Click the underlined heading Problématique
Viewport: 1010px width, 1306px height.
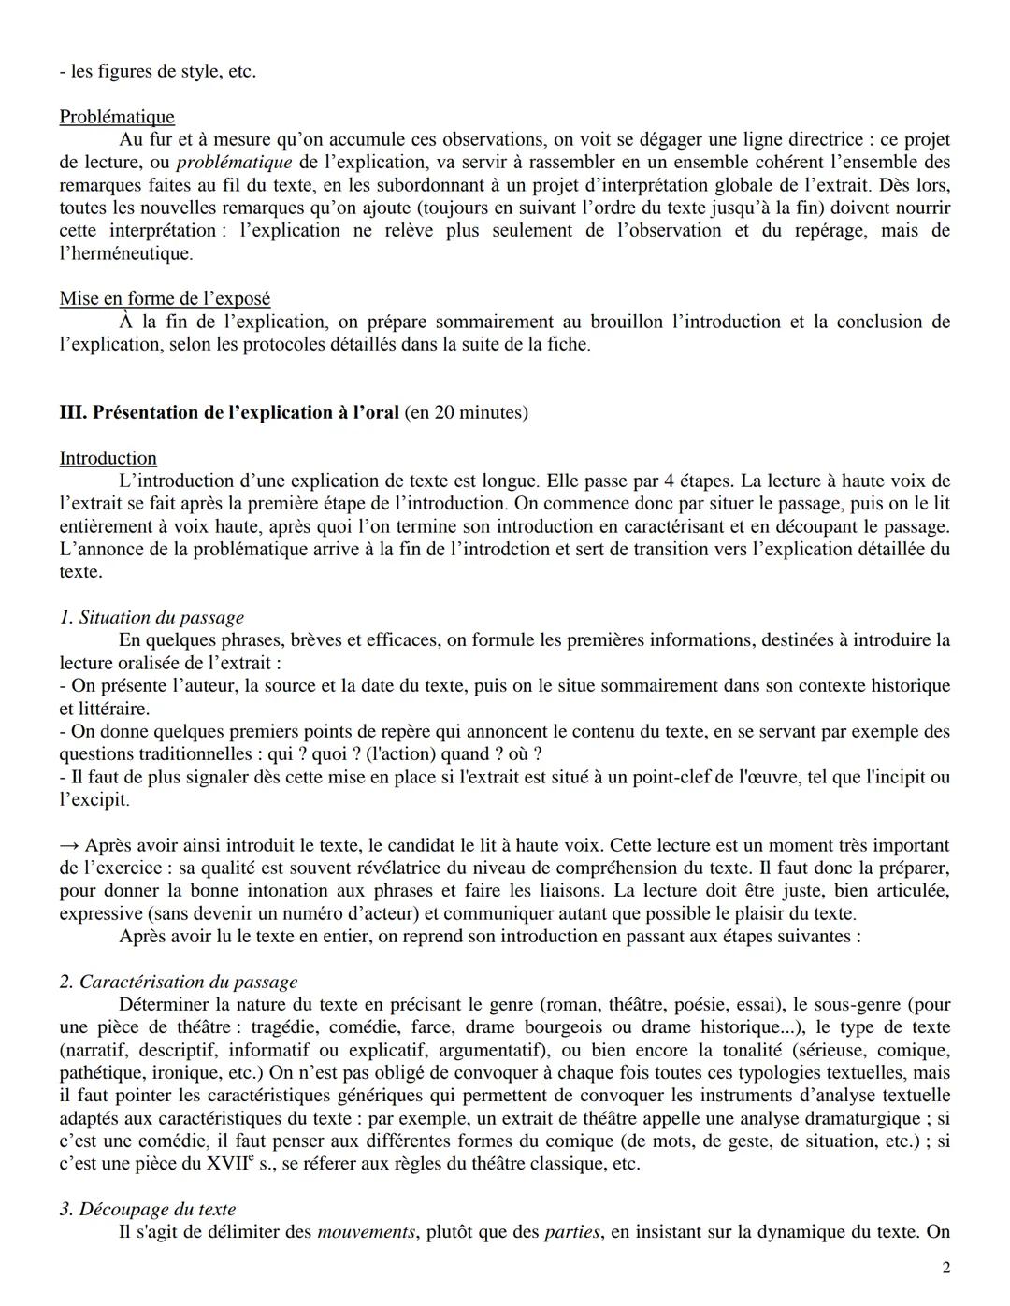click(x=116, y=117)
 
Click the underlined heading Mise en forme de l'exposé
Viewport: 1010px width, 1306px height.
click(x=165, y=298)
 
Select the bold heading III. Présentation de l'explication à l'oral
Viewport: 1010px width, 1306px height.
click(x=230, y=412)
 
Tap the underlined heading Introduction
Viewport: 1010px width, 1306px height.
click(x=108, y=458)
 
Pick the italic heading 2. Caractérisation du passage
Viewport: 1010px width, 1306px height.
click(x=178, y=982)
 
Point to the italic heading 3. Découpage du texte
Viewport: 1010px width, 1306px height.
click(x=147, y=1210)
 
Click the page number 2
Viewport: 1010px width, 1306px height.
click(x=945, y=1268)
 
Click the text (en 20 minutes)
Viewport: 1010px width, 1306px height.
click(x=466, y=412)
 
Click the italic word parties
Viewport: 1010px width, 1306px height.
click(x=570, y=1232)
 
